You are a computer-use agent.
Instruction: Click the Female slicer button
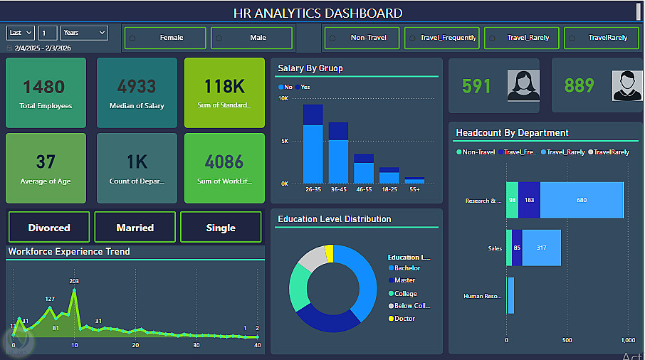click(x=165, y=38)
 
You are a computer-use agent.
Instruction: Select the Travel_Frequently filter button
click(x=441, y=38)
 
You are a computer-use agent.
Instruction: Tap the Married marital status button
click(x=135, y=228)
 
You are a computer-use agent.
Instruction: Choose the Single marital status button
click(x=221, y=228)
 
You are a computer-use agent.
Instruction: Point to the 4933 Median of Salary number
click(x=137, y=87)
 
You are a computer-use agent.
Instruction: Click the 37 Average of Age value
click(x=46, y=162)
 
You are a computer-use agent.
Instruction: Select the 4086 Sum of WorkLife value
click(x=224, y=162)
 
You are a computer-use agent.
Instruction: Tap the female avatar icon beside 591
click(x=523, y=85)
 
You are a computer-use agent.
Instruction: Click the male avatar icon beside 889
click(x=626, y=85)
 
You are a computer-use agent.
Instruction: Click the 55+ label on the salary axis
click(x=414, y=190)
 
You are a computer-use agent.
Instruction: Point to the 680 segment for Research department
click(x=582, y=201)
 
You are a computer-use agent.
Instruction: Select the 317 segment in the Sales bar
click(x=541, y=248)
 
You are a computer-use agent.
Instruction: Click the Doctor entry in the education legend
click(x=404, y=319)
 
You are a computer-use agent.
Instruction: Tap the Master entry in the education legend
click(x=404, y=280)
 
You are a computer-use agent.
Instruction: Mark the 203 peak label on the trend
click(x=74, y=281)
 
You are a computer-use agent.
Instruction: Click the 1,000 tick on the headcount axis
click(x=628, y=340)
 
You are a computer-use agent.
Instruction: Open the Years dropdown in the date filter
click(x=84, y=33)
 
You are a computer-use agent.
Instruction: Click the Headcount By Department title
click(x=512, y=132)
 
